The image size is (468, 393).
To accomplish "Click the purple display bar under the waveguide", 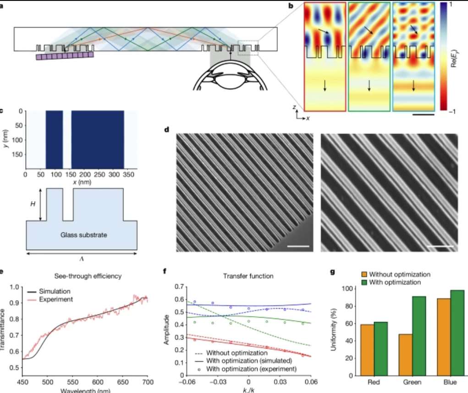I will [x=65, y=56].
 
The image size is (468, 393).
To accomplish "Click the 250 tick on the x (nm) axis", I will [x=110, y=174].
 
